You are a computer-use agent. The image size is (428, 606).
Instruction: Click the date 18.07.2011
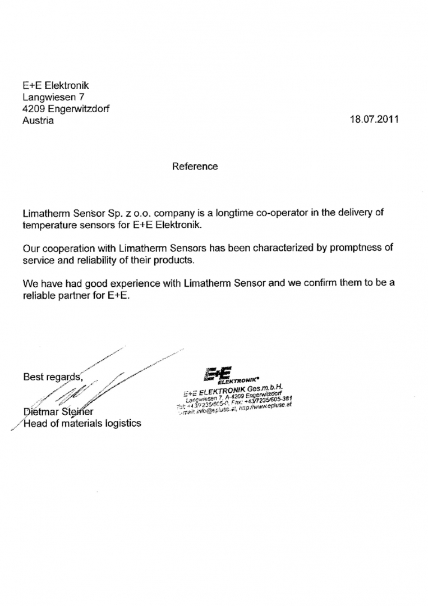pos(374,120)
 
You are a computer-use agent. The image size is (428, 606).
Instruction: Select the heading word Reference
pos(195,167)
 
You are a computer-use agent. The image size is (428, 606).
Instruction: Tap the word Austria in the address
pos(38,121)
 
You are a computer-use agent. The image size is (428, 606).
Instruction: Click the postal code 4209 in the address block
pos(34,109)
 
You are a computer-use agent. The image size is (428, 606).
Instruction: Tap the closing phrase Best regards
pos(52,377)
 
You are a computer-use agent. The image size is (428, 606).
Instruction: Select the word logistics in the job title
pos(121,424)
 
